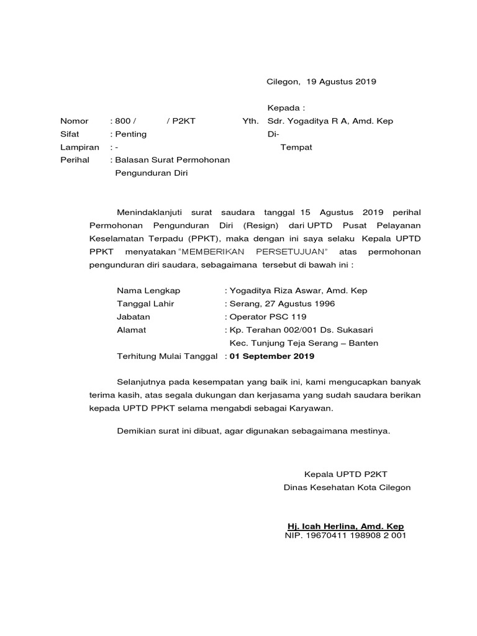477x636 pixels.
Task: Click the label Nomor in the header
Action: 74,121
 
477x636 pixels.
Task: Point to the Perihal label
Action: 75,160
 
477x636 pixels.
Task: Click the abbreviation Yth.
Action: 250,121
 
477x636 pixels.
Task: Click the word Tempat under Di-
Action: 296,147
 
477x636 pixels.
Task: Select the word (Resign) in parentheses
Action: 260,225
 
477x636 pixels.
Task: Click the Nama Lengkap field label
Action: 148,291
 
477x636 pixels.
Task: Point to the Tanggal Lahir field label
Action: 145,304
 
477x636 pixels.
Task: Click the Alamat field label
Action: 132,330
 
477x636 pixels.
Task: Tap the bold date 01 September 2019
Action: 272,356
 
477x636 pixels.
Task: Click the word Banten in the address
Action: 363,343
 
